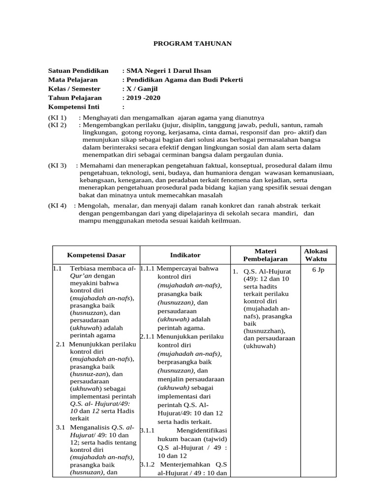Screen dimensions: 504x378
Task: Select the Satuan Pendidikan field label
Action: coord(78,71)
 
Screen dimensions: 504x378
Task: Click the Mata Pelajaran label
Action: coord(72,80)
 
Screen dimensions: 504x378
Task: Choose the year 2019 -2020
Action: coord(143,97)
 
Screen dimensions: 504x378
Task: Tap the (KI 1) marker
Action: coord(57,118)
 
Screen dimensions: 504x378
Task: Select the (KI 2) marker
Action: coord(57,125)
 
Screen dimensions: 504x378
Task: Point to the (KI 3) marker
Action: coord(57,165)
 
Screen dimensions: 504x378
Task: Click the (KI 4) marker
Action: coord(57,206)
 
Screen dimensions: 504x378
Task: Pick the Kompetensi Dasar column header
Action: coord(96,255)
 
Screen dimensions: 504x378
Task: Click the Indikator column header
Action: coord(185,255)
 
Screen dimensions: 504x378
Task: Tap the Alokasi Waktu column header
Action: coord(316,255)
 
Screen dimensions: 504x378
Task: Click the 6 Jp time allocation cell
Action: coord(318,270)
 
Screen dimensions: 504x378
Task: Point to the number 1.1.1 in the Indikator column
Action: coord(148,269)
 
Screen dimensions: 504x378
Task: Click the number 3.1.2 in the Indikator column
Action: coord(148,464)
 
